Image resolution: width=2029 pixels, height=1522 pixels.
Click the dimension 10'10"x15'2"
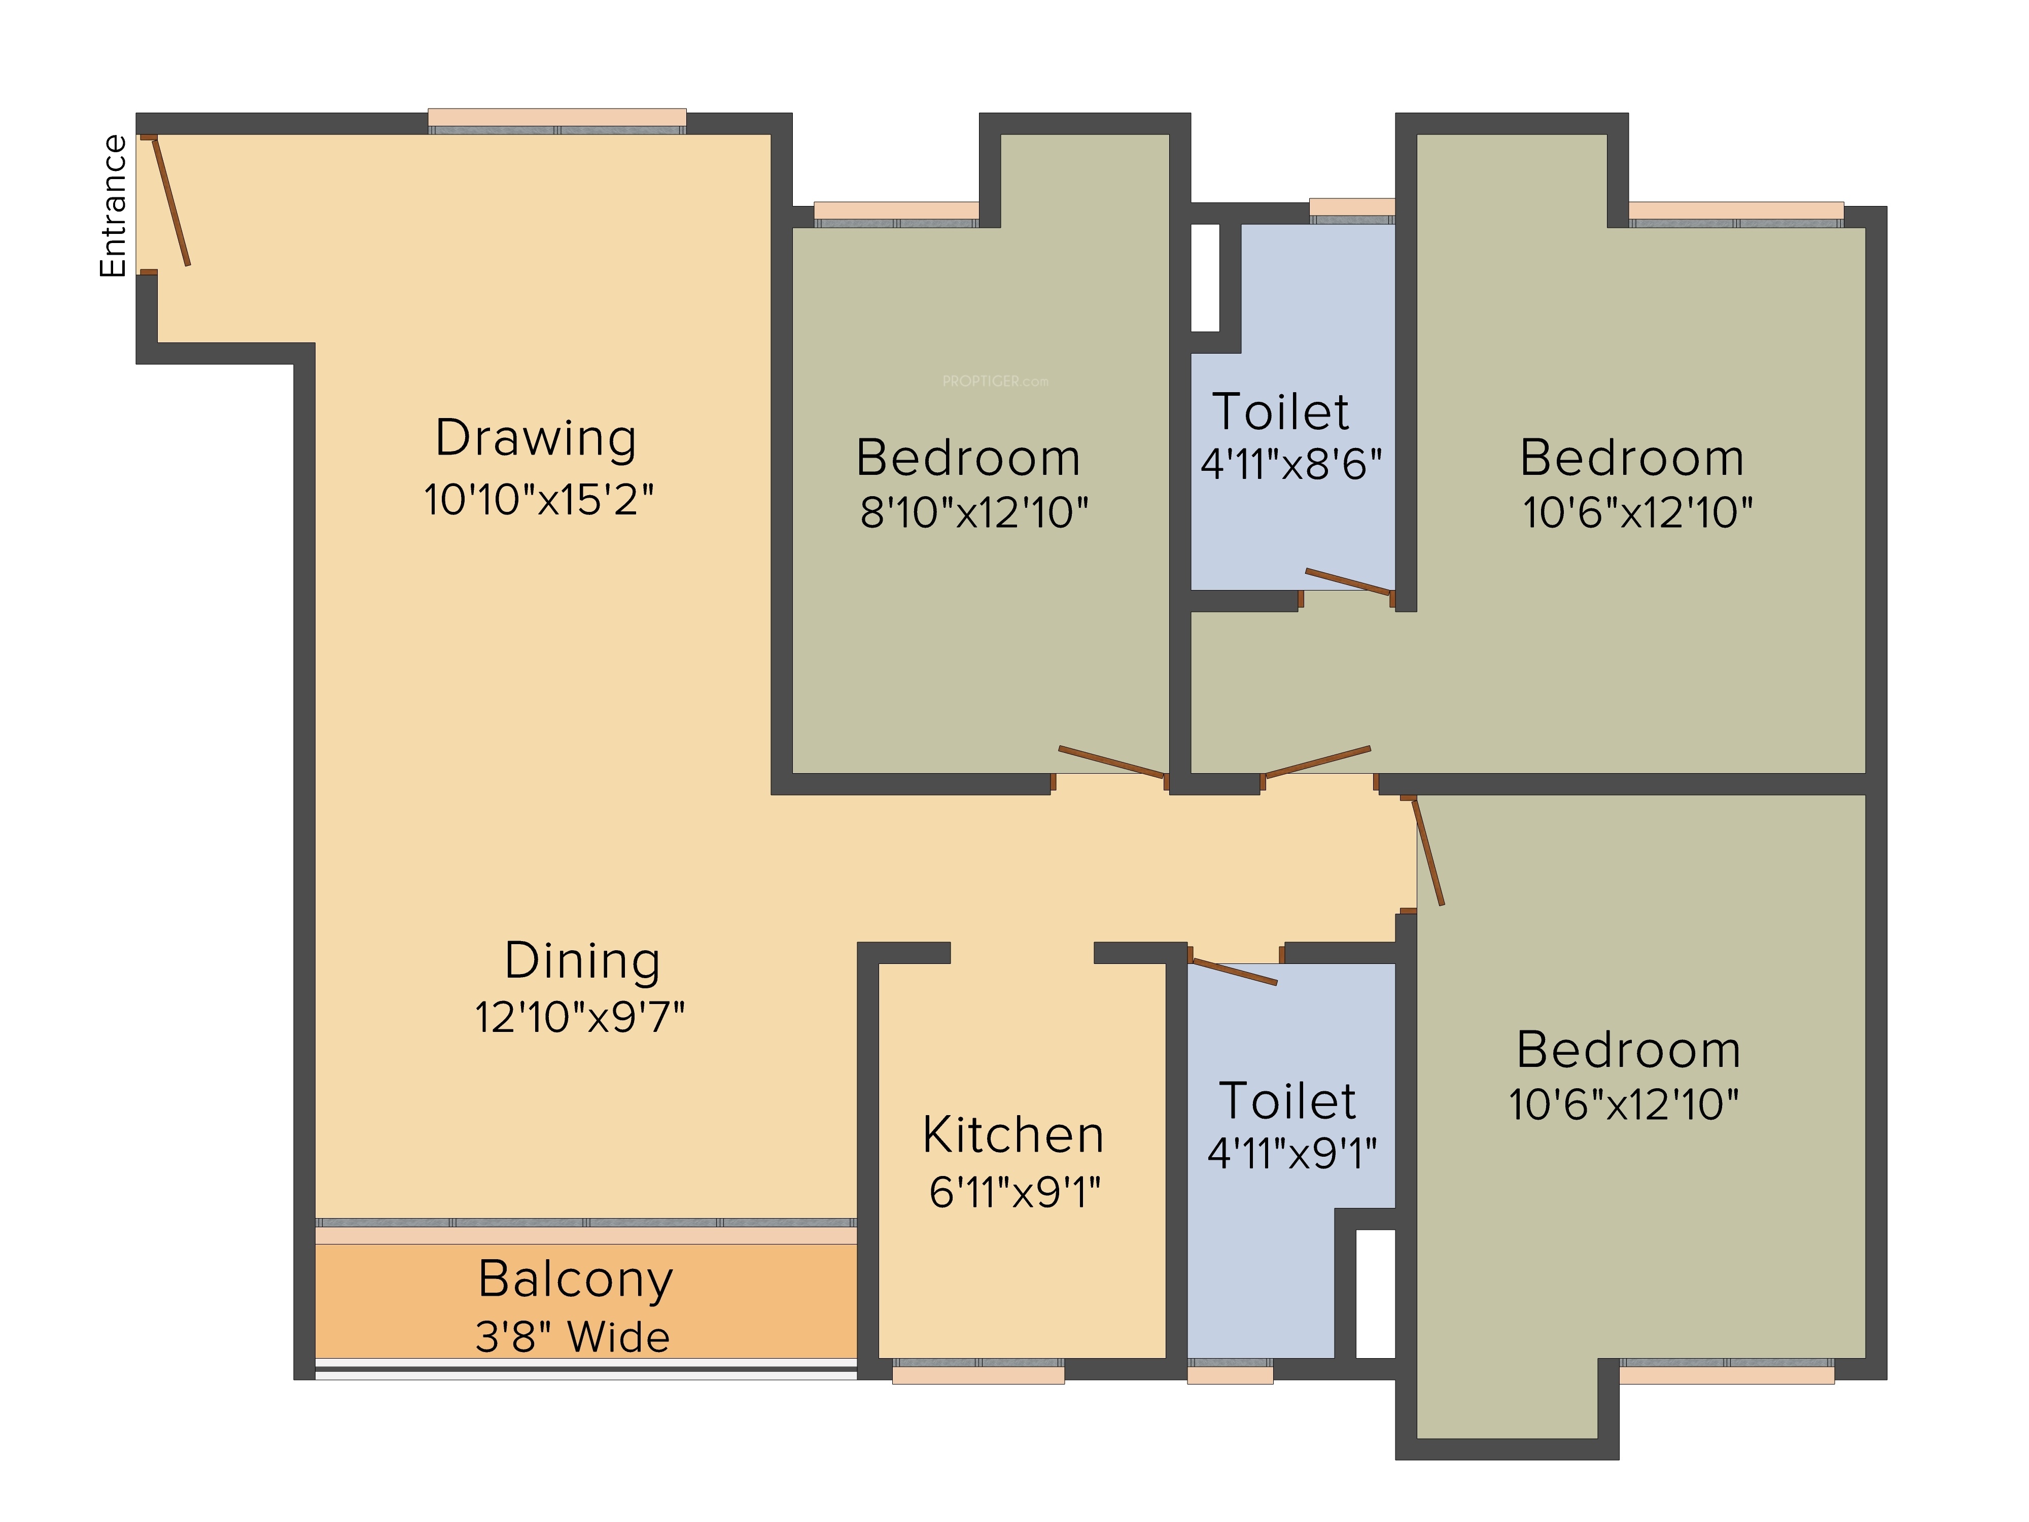point(538,500)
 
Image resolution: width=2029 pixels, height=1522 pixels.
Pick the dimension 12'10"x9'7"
point(580,1017)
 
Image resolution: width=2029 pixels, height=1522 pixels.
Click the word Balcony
point(576,1281)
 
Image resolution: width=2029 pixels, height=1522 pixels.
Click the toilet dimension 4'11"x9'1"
point(1292,1152)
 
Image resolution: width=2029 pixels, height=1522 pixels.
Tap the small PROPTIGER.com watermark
point(995,380)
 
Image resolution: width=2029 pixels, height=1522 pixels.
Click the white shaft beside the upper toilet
point(1205,277)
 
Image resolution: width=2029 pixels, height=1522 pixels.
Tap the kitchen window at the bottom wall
point(978,1371)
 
